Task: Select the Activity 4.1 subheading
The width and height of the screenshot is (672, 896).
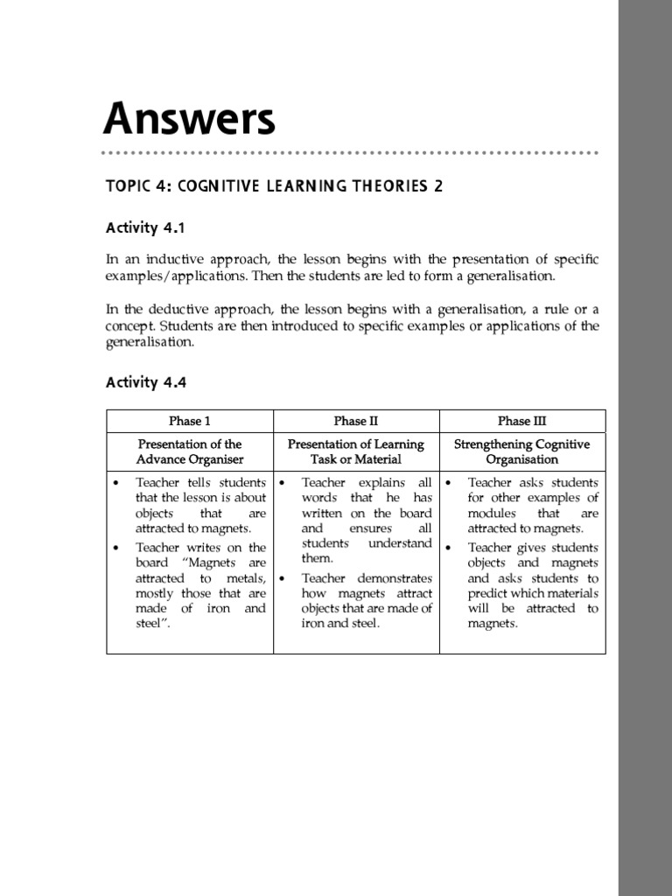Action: [145, 228]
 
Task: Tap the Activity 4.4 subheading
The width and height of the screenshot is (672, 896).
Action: [145, 382]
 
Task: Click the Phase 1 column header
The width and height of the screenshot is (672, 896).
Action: [190, 421]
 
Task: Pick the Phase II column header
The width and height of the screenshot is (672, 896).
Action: [356, 421]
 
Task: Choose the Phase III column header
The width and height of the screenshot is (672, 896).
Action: [521, 421]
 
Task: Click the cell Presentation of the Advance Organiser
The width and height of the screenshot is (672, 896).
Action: [190, 451]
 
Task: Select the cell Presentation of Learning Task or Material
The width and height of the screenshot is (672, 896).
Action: [356, 451]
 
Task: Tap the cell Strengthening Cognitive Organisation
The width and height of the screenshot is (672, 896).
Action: [522, 451]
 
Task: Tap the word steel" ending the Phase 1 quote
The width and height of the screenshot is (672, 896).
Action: [151, 624]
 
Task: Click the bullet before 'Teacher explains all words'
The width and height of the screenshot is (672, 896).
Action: [283, 483]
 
